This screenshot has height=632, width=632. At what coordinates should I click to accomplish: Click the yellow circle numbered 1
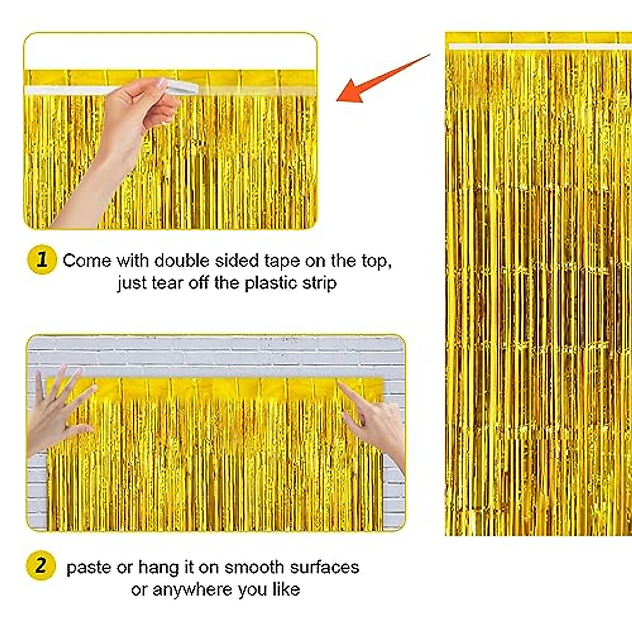coord(42,260)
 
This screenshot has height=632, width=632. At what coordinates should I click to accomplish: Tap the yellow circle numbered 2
coord(40,566)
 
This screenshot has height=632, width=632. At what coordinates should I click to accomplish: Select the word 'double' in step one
coord(182,261)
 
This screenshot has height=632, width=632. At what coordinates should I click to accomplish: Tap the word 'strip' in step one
coord(319,283)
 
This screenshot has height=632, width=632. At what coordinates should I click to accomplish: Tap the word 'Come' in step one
coord(87,261)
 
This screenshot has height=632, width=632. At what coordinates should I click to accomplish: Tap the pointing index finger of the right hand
coord(352,394)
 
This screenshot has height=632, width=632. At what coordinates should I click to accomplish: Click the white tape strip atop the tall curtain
coord(537,47)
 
